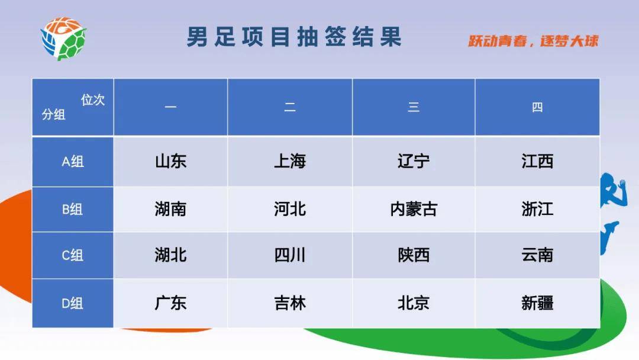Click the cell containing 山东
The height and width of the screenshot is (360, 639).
click(x=170, y=162)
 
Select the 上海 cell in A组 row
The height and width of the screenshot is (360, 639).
click(x=290, y=162)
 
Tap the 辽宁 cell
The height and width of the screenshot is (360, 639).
click(x=414, y=162)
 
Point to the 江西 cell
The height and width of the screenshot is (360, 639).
click(x=537, y=162)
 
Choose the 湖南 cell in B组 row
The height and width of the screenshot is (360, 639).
click(x=170, y=209)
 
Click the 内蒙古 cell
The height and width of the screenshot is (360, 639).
click(x=414, y=209)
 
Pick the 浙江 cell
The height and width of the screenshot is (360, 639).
click(x=537, y=209)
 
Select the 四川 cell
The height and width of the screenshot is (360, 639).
click(x=290, y=255)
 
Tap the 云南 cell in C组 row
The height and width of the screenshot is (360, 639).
click(x=537, y=255)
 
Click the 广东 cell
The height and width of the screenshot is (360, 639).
click(x=170, y=303)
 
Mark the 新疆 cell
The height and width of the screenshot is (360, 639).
click(x=537, y=303)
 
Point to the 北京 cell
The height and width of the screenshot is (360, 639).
click(x=414, y=303)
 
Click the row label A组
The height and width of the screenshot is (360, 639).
click(x=73, y=162)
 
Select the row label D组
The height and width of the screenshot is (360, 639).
click(x=73, y=303)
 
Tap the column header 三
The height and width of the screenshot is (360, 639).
click(x=414, y=107)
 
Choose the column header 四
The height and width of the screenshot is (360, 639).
click(x=537, y=107)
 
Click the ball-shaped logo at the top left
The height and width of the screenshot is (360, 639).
click(x=63, y=38)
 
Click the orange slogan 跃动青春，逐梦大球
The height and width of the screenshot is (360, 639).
click(x=533, y=41)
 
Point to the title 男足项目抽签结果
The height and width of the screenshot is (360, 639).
click(x=294, y=37)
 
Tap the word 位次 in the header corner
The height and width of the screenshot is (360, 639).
click(x=93, y=100)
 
